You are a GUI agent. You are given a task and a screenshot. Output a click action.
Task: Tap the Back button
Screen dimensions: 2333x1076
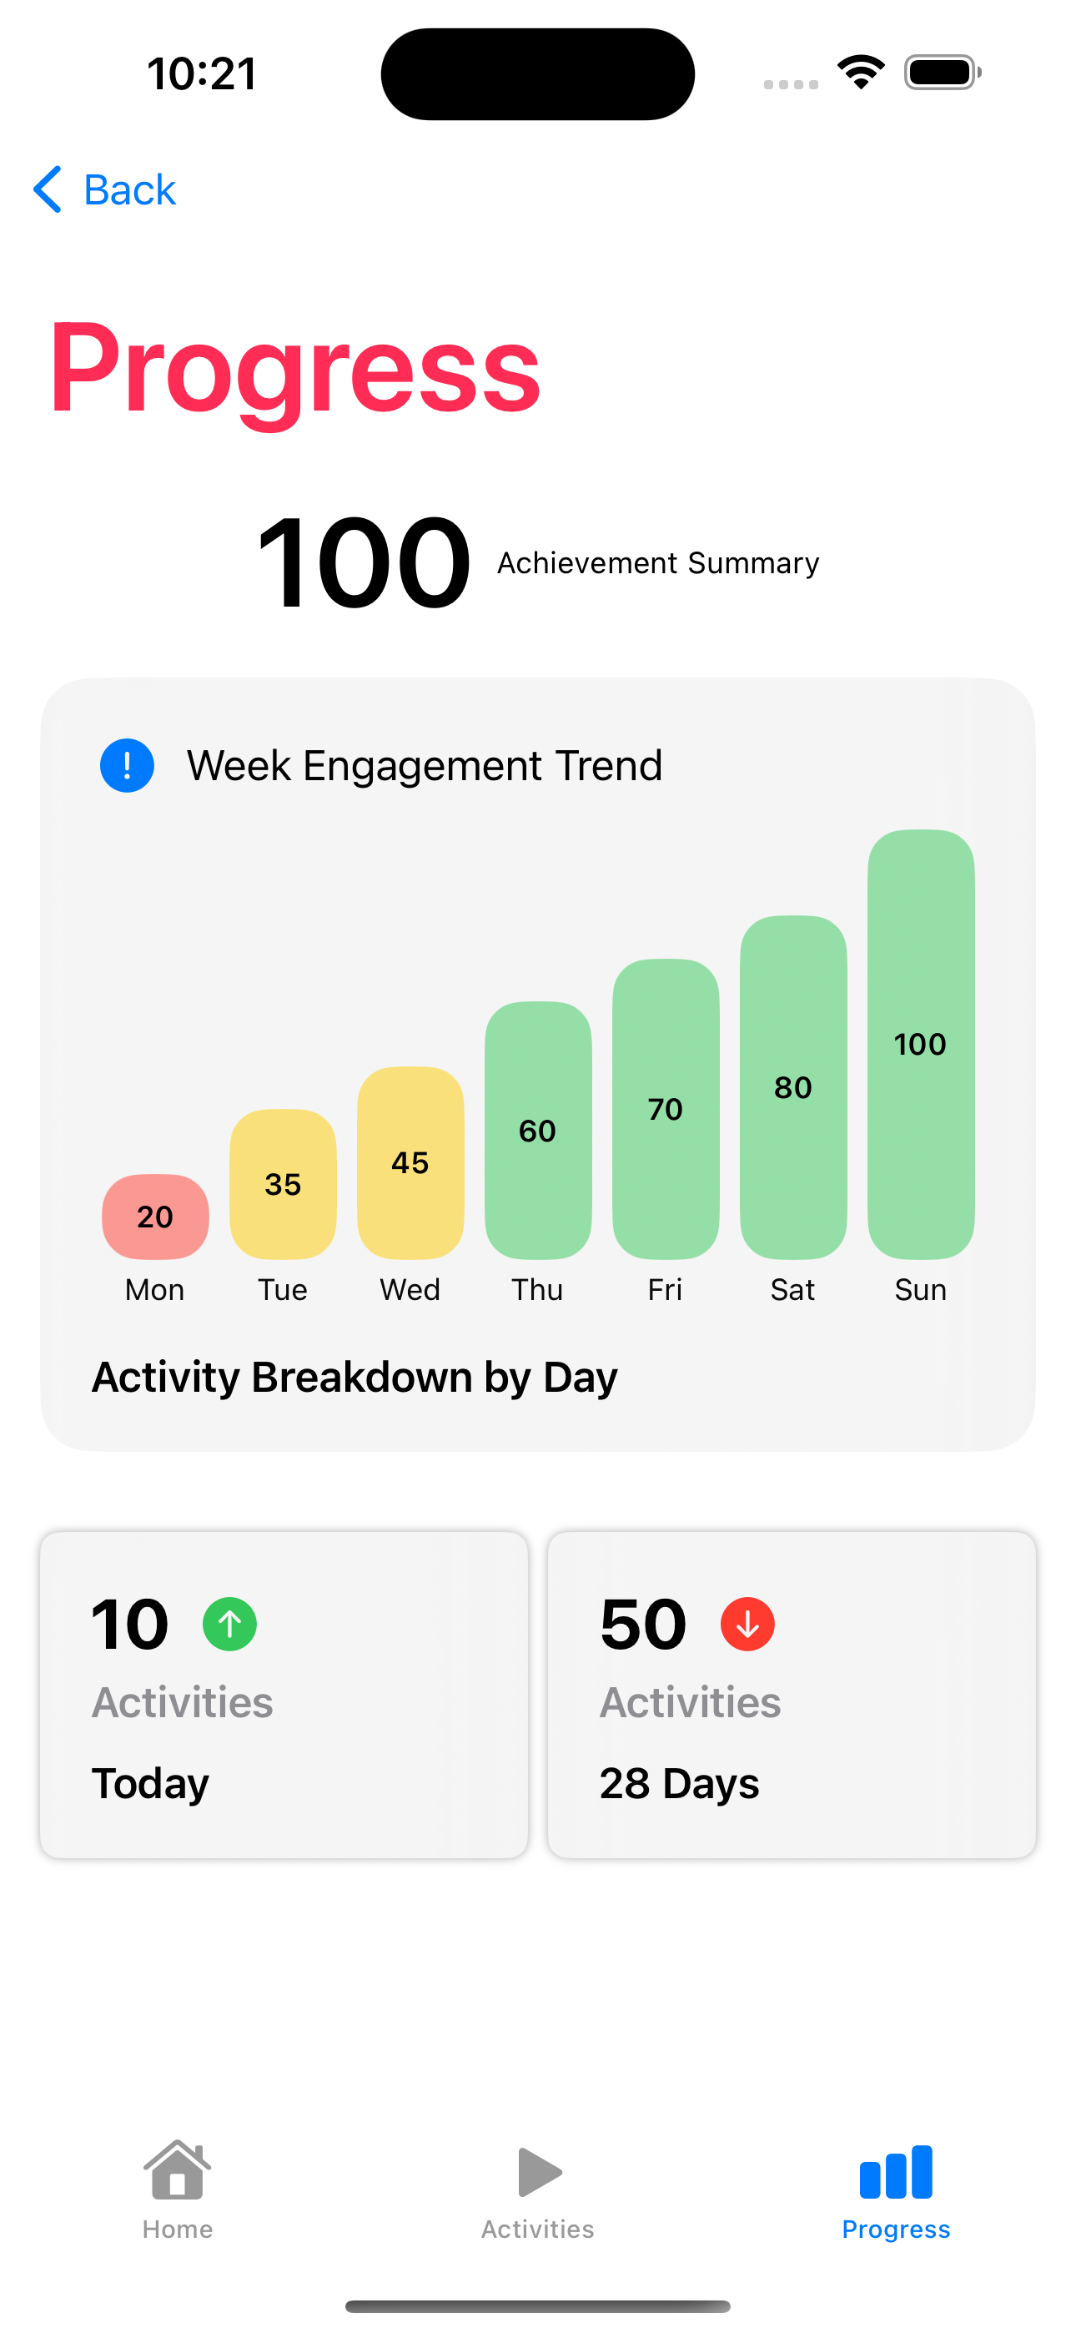coord(105,190)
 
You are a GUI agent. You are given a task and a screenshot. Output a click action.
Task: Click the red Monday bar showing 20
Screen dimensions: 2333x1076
coord(155,1217)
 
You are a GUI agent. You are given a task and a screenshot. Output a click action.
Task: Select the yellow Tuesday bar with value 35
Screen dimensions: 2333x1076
coord(283,1184)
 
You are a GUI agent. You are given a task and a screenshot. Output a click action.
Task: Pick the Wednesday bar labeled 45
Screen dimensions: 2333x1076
coord(410,1162)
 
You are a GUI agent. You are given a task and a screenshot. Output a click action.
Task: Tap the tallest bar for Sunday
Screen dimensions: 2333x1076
coord(920,1043)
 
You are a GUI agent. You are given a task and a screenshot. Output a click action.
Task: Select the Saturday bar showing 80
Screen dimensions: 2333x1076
coord(792,1086)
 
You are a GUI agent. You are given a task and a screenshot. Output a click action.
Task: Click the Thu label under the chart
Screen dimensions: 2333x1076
coord(537,1290)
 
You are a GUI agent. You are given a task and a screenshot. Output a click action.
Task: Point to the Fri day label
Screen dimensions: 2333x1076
coord(665,1290)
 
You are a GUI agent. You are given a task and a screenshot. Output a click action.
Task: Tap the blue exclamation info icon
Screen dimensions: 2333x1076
coord(127,765)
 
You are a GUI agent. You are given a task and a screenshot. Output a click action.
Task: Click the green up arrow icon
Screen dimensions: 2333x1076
coord(229,1624)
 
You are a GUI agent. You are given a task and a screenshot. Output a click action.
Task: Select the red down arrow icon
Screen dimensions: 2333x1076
coord(747,1624)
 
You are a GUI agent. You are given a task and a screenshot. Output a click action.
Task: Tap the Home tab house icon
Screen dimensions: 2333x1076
coord(178,2170)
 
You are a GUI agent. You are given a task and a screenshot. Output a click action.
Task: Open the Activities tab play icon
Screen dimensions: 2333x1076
coord(539,2172)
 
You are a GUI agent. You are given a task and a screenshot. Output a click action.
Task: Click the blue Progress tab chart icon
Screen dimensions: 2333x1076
coord(896,2172)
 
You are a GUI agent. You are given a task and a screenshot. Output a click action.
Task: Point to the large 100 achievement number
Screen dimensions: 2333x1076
coord(363,562)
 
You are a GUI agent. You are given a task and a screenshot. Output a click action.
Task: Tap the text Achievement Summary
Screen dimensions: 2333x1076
coord(657,562)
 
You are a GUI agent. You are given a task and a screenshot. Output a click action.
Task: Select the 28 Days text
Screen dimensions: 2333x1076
coord(679,1783)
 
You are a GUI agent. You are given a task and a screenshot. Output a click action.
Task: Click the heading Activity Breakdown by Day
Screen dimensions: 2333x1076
coord(355,1377)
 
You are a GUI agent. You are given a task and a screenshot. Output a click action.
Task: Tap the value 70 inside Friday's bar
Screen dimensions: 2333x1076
coord(665,1110)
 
